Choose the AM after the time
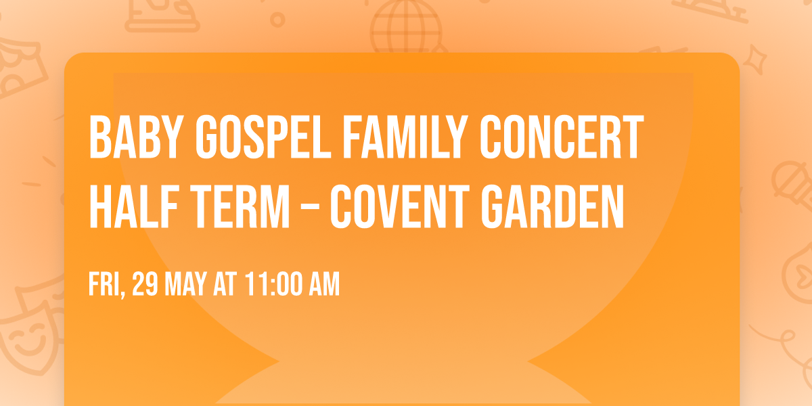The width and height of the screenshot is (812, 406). (x=324, y=285)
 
